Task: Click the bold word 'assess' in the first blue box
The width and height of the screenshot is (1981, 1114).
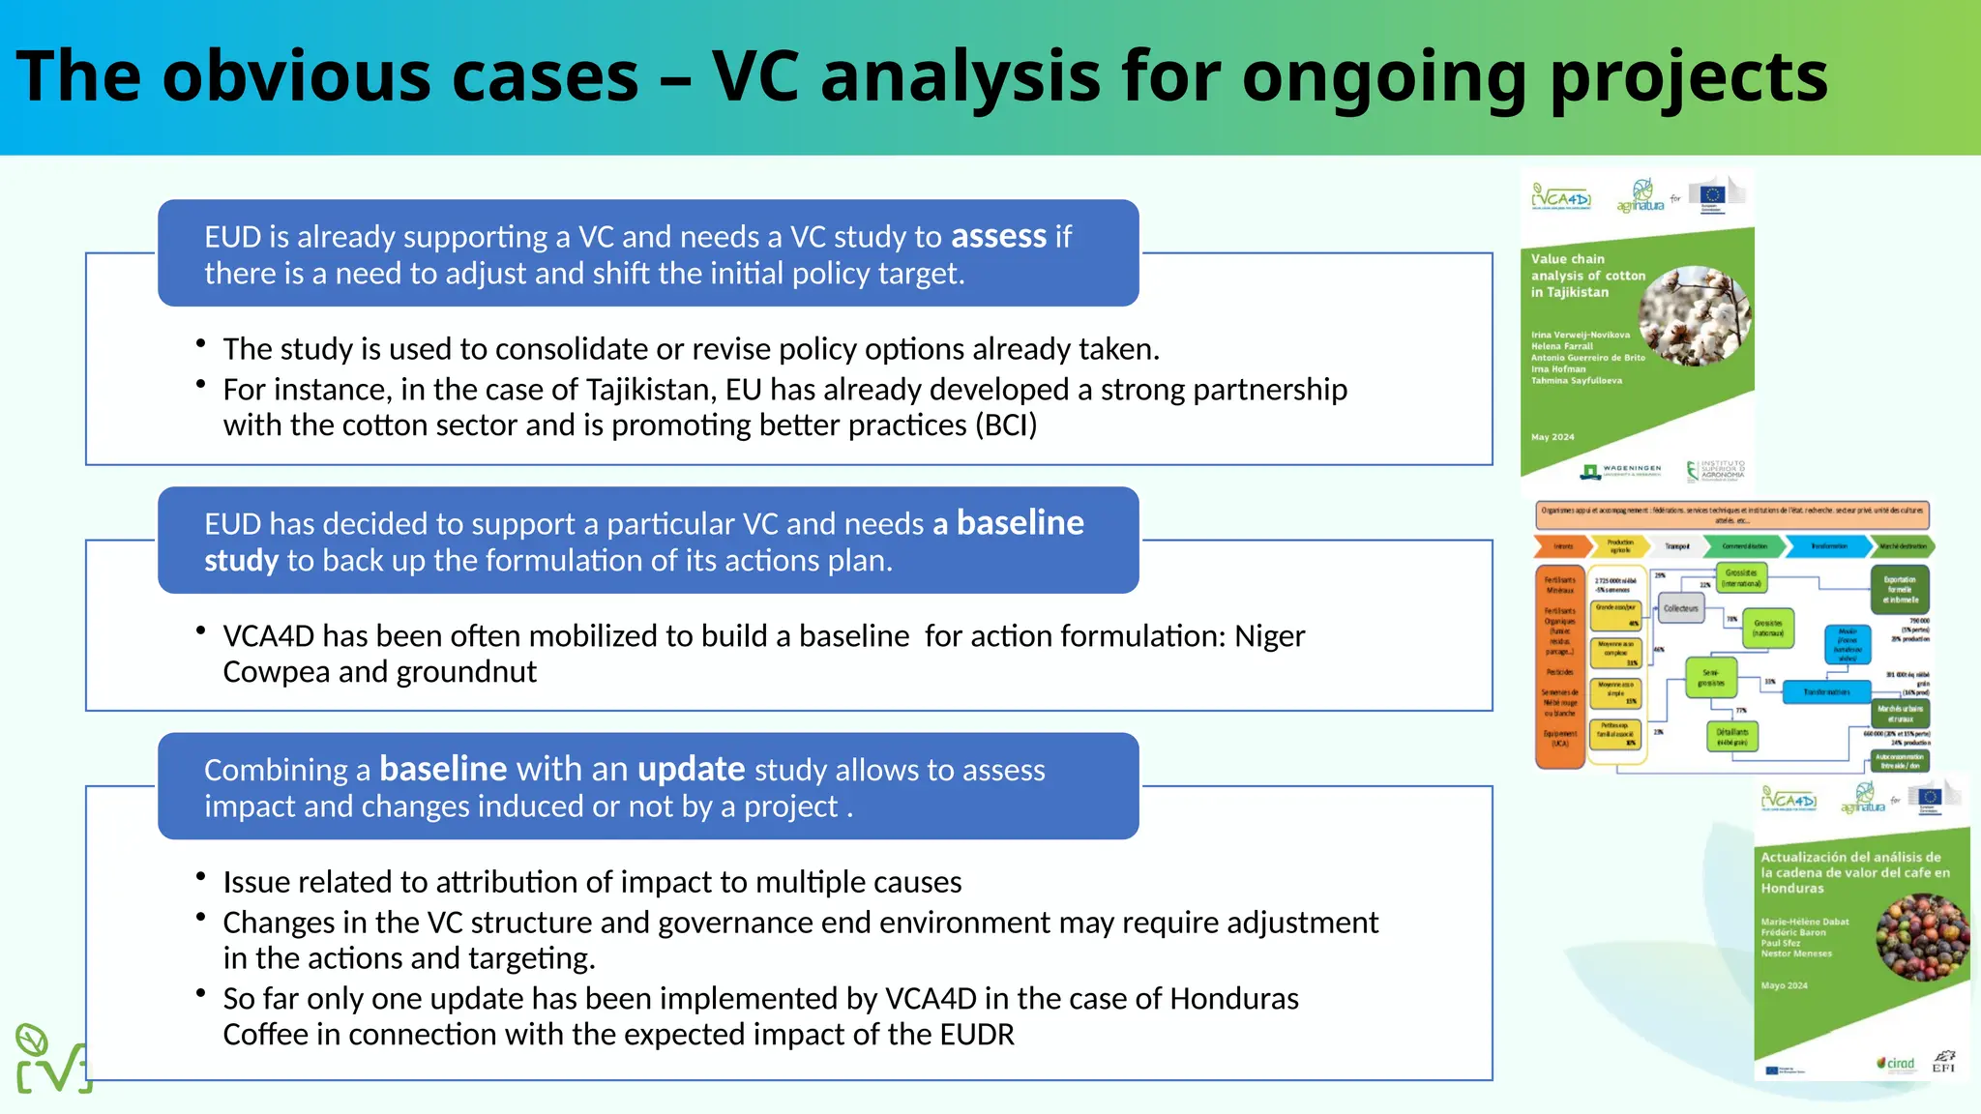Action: (998, 237)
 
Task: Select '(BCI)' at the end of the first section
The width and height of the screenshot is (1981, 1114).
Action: (1006, 425)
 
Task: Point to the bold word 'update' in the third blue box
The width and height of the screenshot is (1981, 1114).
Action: (691, 770)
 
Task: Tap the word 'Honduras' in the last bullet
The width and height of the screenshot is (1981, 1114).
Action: (1234, 999)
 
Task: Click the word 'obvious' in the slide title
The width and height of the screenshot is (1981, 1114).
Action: (295, 77)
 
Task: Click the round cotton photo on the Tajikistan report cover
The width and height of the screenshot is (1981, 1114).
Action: (1694, 315)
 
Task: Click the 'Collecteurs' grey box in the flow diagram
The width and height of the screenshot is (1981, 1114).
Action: (1680, 609)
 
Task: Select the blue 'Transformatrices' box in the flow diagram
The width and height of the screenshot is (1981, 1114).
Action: (1826, 692)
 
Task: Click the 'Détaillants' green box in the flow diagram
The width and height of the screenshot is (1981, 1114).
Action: (1731, 737)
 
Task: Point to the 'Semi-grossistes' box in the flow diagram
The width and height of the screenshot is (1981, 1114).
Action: (1711, 678)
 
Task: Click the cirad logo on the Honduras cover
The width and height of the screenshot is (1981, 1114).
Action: (1896, 1064)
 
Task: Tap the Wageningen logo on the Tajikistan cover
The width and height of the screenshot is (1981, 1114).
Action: (1622, 471)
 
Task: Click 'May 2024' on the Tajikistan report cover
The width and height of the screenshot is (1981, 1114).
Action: (1552, 437)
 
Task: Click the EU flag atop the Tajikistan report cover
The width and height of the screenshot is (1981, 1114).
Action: (1712, 193)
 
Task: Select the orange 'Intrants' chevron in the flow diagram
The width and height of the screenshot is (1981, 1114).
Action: (1562, 546)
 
